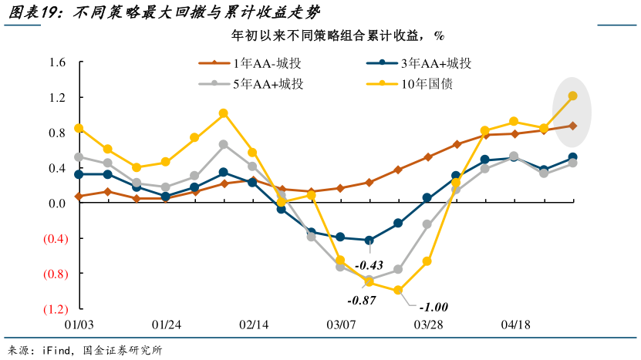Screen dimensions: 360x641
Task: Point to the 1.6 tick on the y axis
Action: pos(56,62)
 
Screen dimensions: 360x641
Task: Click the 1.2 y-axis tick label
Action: pos(56,98)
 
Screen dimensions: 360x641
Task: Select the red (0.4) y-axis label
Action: pos(52,239)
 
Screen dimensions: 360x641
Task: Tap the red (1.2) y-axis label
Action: pos(52,309)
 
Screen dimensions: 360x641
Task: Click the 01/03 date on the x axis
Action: pos(79,326)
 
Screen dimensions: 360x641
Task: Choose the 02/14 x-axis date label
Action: pos(253,326)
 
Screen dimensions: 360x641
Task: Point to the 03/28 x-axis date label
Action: pos(427,326)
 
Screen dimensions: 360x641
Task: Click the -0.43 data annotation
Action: pos(369,266)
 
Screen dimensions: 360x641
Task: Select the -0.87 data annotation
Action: pos(362,300)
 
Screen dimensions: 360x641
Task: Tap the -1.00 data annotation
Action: pos(433,307)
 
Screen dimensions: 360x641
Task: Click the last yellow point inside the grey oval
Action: pos(573,96)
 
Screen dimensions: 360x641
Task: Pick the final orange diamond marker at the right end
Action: pos(573,126)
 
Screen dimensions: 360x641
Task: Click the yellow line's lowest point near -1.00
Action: pos(398,291)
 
